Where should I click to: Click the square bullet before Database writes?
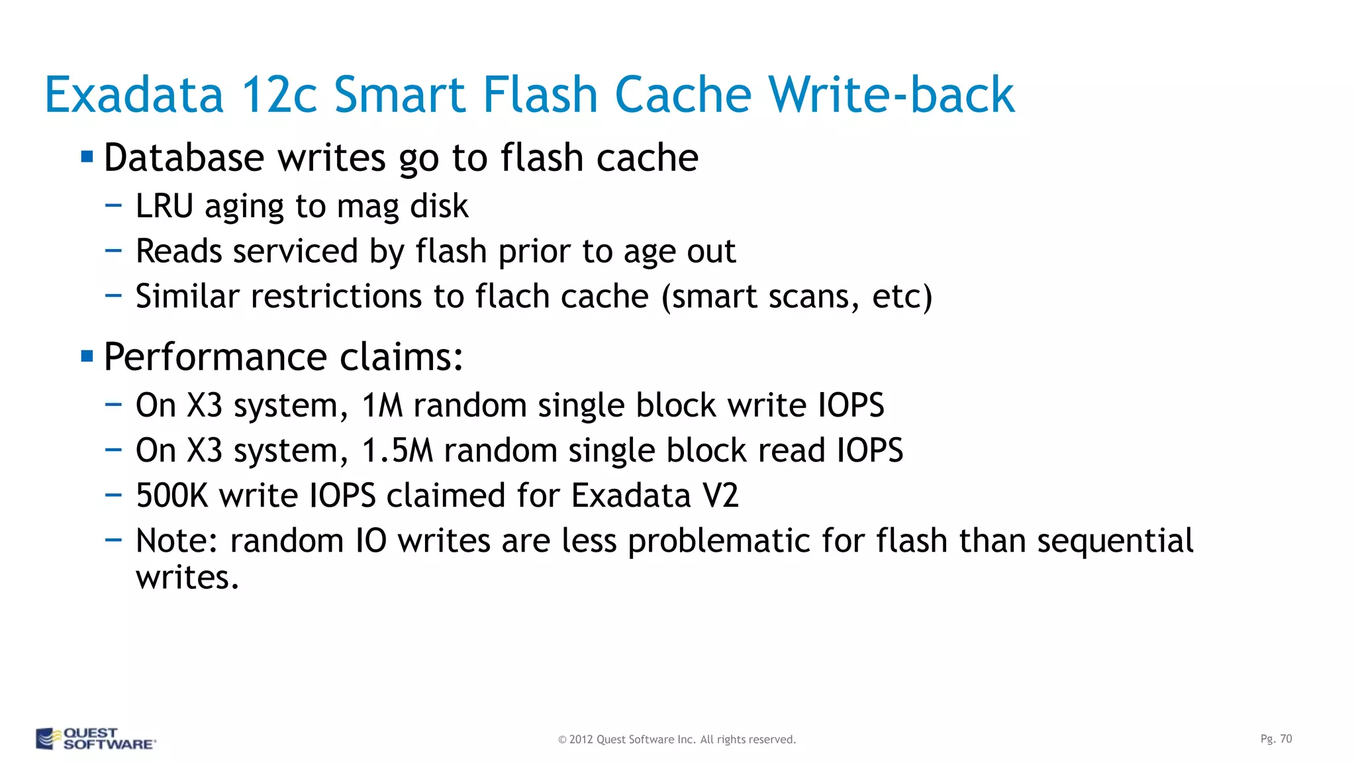point(87,158)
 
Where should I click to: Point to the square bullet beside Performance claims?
point(87,357)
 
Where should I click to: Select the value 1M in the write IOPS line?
point(382,405)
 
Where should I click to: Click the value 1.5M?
point(397,450)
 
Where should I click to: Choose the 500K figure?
point(171,495)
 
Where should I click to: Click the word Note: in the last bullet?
point(177,540)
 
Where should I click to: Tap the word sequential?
point(1115,540)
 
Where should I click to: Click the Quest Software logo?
point(95,738)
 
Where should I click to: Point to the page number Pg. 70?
point(1276,738)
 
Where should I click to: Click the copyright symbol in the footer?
point(562,740)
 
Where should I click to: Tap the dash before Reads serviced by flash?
point(113,251)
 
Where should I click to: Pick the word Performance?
point(215,357)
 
